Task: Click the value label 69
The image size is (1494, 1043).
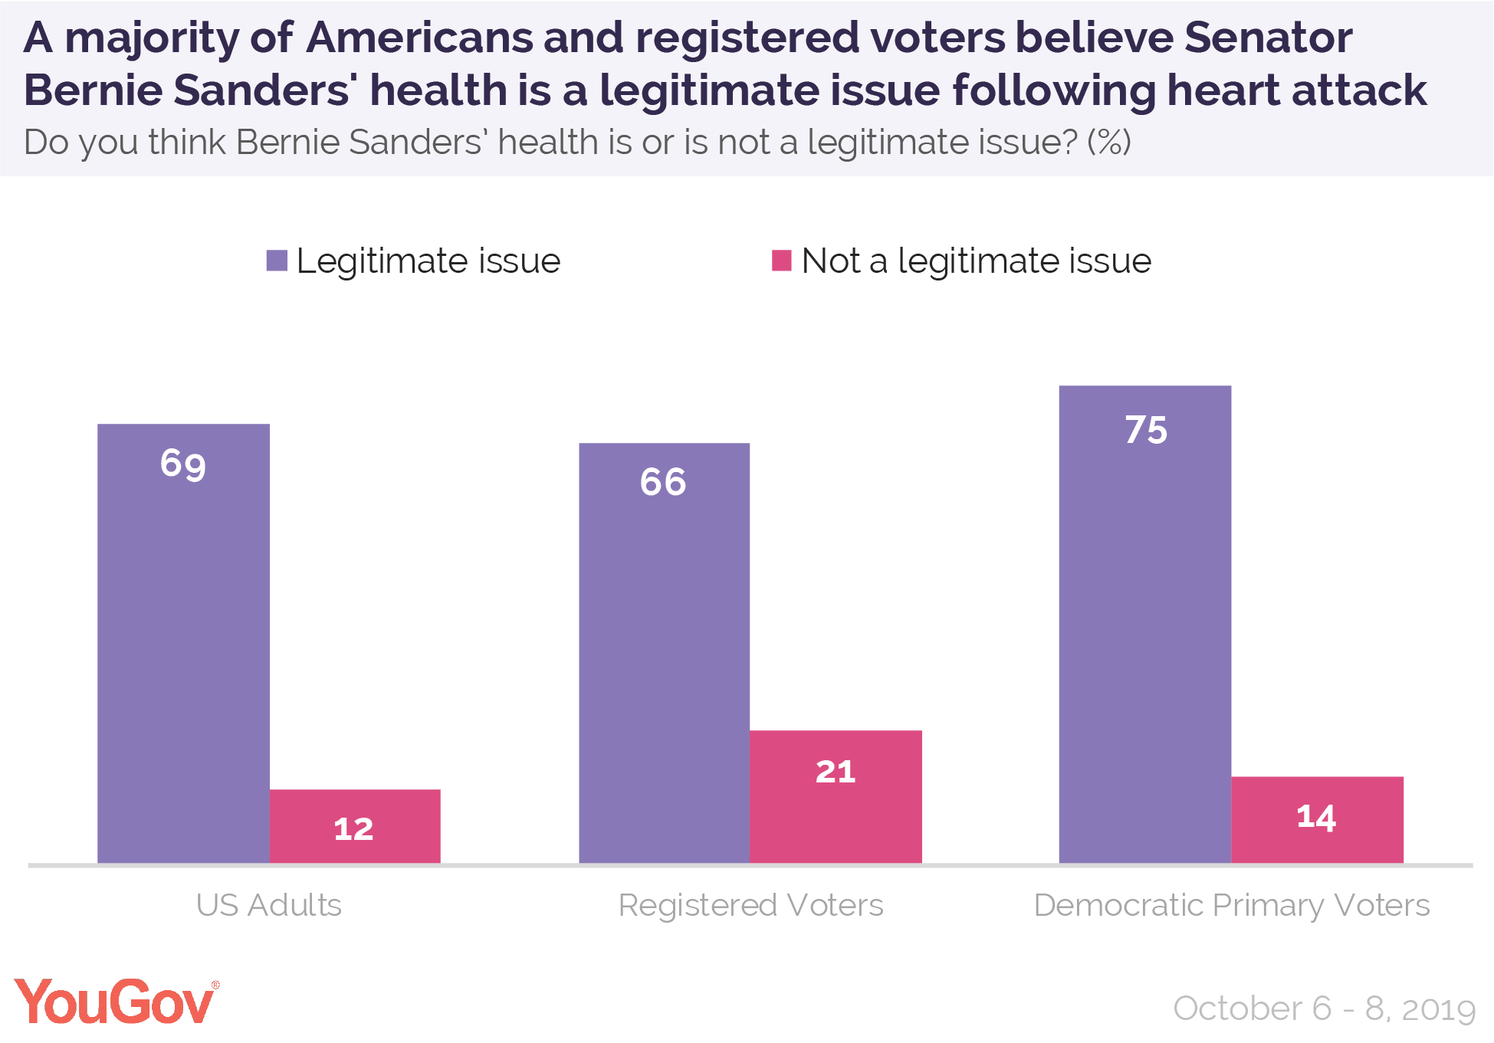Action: pyautogui.click(x=183, y=464)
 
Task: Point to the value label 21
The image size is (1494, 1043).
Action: pyautogui.click(x=836, y=772)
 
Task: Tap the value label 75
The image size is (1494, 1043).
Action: pyautogui.click(x=1146, y=430)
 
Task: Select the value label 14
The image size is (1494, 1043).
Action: pyautogui.click(x=1316, y=817)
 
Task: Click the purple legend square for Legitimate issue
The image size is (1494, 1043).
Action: pyautogui.click(x=277, y=261)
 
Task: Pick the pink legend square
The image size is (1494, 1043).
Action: pyautogui.click(x=781, y=261)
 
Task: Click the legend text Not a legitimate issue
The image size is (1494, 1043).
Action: pyautogui.click(x=976, y=261)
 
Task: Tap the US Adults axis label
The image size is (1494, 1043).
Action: pyautogui.click(x=268, y=905)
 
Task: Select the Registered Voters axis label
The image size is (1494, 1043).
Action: pyautogui.click(x=750, y=905)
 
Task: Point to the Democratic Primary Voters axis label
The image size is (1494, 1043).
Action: pyautogui.click(x=1231, y=905)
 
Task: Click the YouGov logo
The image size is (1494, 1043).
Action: pyautogui.click(x=115, y=1002)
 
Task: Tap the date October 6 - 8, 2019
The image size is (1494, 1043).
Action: pyautogui.click(x=1324, y=1009)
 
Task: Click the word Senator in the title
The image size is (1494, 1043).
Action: pyautogui.click(x=1268, y=37)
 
